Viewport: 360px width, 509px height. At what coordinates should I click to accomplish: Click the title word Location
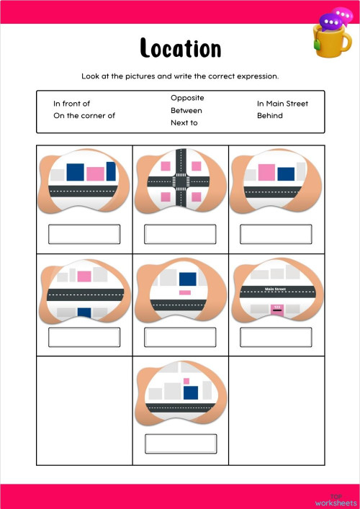pos(180,48)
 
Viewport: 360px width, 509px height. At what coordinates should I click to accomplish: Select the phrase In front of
pos(71,104)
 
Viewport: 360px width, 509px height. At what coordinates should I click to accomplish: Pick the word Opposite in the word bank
pos(187,97)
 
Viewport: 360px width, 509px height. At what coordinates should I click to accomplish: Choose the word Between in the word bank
pos(186,110)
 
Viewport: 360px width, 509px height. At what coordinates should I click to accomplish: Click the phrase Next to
pos(184,123)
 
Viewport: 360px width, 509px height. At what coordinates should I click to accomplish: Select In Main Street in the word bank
pos(282,104)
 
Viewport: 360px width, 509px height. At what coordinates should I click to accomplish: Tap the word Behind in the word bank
pos(270,116)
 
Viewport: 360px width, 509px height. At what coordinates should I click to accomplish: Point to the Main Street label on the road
pos(276,289)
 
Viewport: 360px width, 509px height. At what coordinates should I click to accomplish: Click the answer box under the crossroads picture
pos(180,234)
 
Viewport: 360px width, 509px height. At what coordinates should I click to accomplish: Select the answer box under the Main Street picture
pos(276,337)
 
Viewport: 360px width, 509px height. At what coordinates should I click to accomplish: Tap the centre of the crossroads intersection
pos(181,181)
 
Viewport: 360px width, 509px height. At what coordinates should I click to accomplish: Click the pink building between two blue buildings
pos(95,174)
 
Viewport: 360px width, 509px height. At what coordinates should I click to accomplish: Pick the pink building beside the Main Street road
pos(276,308)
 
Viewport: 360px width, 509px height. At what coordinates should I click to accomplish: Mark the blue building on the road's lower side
pos(84,312)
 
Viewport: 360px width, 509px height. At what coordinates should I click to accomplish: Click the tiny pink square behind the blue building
pos(186,381)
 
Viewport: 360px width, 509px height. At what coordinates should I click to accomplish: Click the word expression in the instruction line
pos(256,76)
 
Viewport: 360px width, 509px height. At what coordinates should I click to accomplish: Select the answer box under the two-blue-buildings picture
pos(84,234)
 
